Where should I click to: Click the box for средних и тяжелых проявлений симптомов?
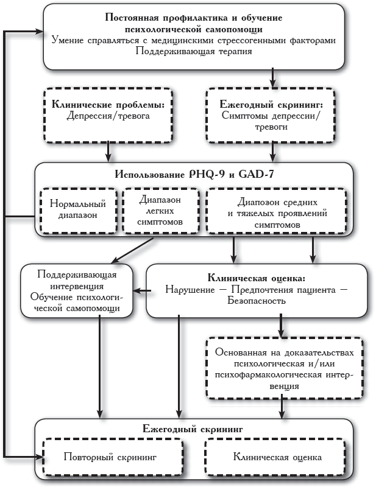tap(277, 211)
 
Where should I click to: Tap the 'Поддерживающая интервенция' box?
tap(77, 290)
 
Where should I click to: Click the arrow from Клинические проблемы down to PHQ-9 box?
tap(108, 150)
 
